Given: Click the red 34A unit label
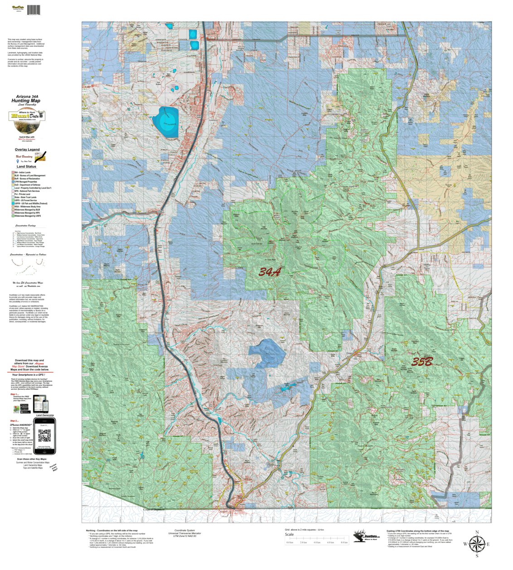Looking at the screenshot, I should [270, 272].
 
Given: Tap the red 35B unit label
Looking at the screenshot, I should [422, 362].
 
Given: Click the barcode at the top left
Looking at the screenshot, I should [33, 10].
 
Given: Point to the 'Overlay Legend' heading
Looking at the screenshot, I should [27, 150].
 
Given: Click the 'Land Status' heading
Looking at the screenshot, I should [27, 167].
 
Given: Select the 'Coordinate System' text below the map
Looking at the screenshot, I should [184, 530].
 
